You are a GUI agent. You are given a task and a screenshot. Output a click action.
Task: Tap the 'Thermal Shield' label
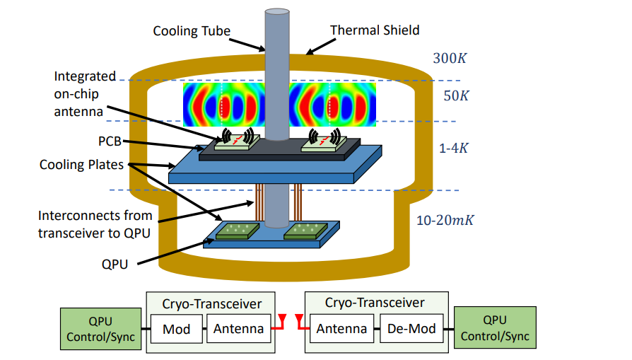[x=375, y=30]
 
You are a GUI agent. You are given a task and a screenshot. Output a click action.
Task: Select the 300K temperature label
[x=450, y=58]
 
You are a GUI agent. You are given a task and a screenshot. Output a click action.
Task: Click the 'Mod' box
[x=177, y=329]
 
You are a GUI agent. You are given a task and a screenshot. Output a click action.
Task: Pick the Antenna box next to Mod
[x=240, y=329]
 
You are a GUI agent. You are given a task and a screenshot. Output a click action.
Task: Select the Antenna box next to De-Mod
[x=341, y=329]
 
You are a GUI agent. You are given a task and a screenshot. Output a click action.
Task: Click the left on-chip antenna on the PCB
[x=238, y=144]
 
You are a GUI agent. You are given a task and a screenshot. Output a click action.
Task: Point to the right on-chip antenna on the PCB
[x=324, y=144]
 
